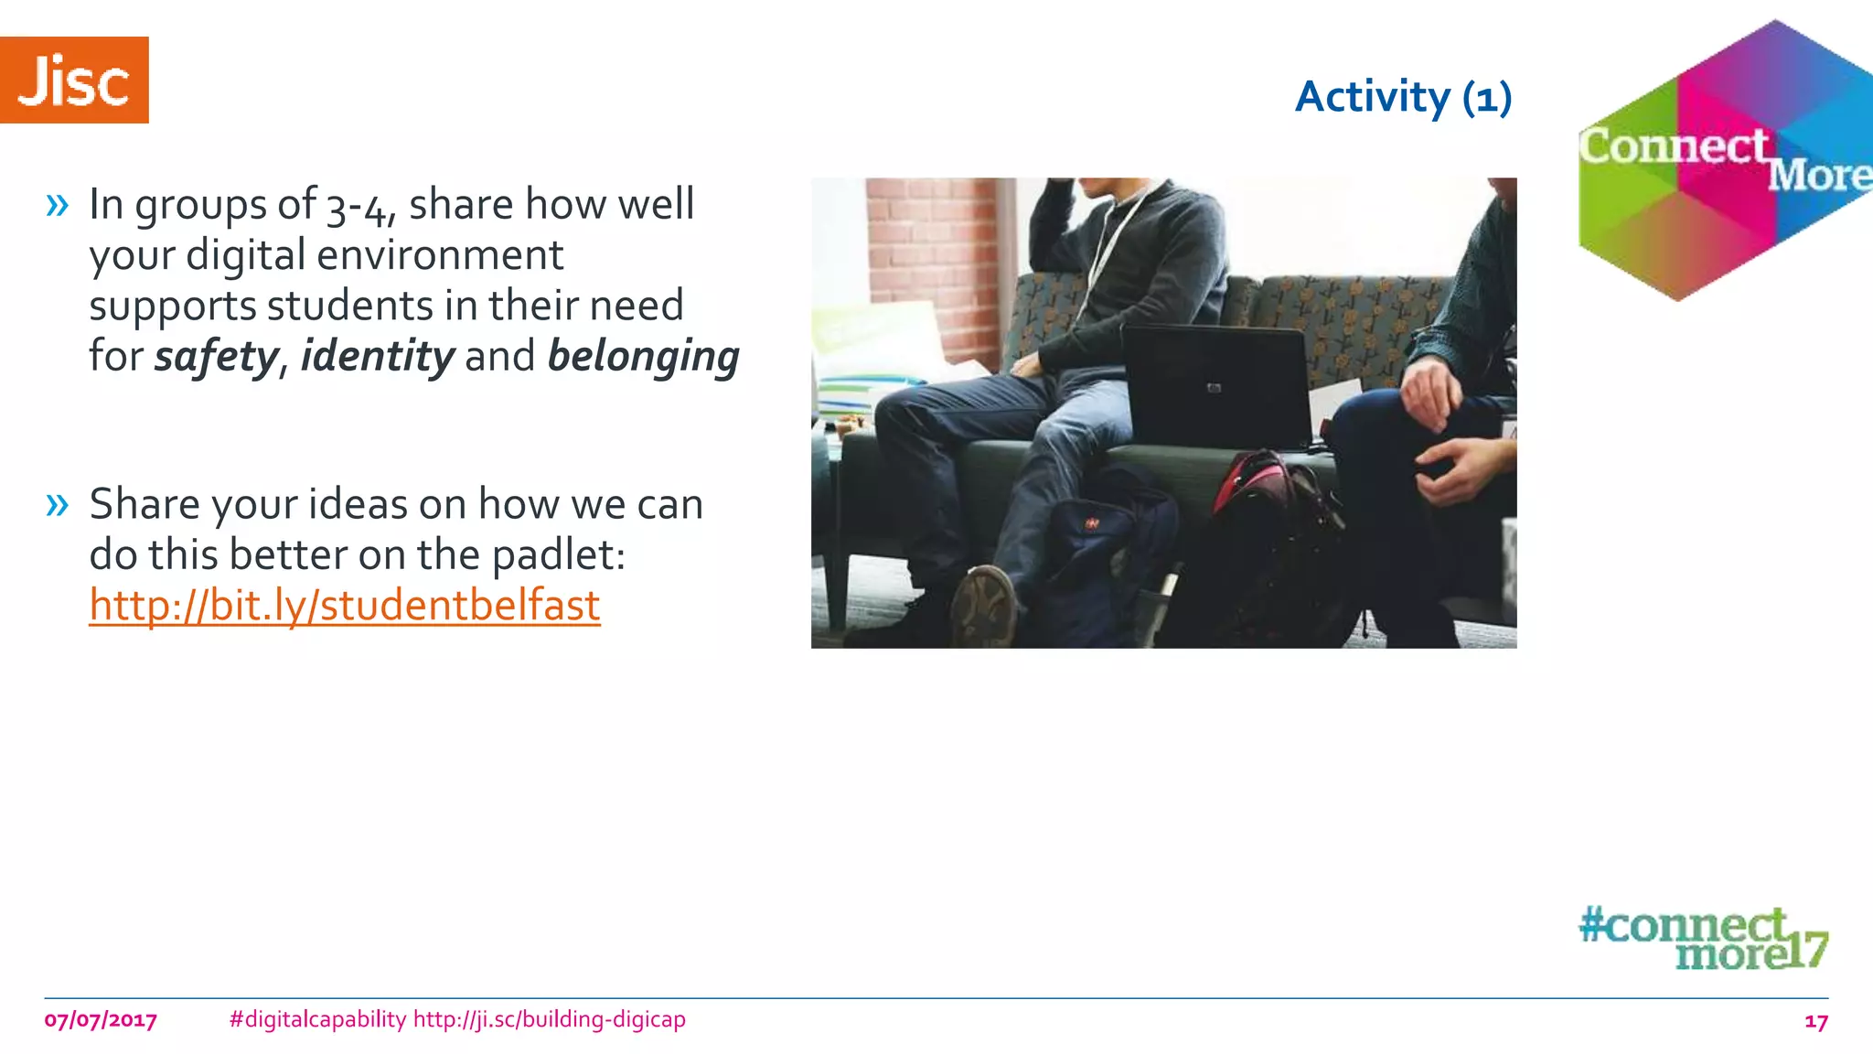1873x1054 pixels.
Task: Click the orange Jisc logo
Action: coord(74,80)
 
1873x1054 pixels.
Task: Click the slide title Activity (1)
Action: coord(1403,97)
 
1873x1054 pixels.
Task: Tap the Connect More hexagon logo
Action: coord(1724,161)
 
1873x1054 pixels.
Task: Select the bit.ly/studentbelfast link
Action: coord(345,605)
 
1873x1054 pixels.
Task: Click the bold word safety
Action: coord(216,356)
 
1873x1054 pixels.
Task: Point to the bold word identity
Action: coord(377,356)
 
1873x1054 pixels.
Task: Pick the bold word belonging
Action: coord(643,356)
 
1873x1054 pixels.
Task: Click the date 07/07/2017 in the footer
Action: coord(101,1020)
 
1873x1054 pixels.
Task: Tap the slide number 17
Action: coord(1815,1021)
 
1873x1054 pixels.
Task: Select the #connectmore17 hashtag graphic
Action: coord(1703,938)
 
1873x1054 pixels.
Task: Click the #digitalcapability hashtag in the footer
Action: coord(317,1019)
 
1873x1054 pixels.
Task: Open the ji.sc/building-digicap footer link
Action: coord(549,1019)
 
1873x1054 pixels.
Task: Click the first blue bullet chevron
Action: coord(57,205)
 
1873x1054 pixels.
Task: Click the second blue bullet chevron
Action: coord(57,504)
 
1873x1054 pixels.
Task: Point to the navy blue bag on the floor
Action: coord(1107,558)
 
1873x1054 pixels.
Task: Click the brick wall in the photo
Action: coord(933,265)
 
